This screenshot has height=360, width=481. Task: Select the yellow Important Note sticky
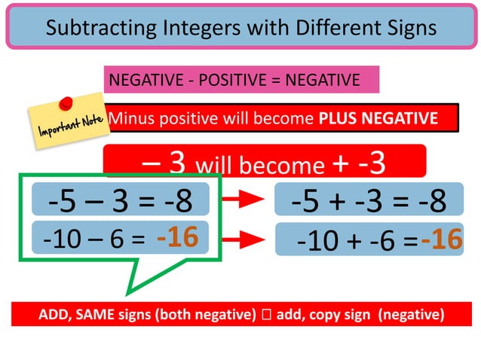66,123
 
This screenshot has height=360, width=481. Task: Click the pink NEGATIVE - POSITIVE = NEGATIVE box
241,79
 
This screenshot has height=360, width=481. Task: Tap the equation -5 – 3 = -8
120,201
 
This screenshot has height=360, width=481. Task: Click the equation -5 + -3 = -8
369,201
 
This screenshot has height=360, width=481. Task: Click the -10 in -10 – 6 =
59,240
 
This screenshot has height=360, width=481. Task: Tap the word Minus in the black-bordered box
129,118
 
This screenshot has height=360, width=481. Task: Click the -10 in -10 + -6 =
317,241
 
